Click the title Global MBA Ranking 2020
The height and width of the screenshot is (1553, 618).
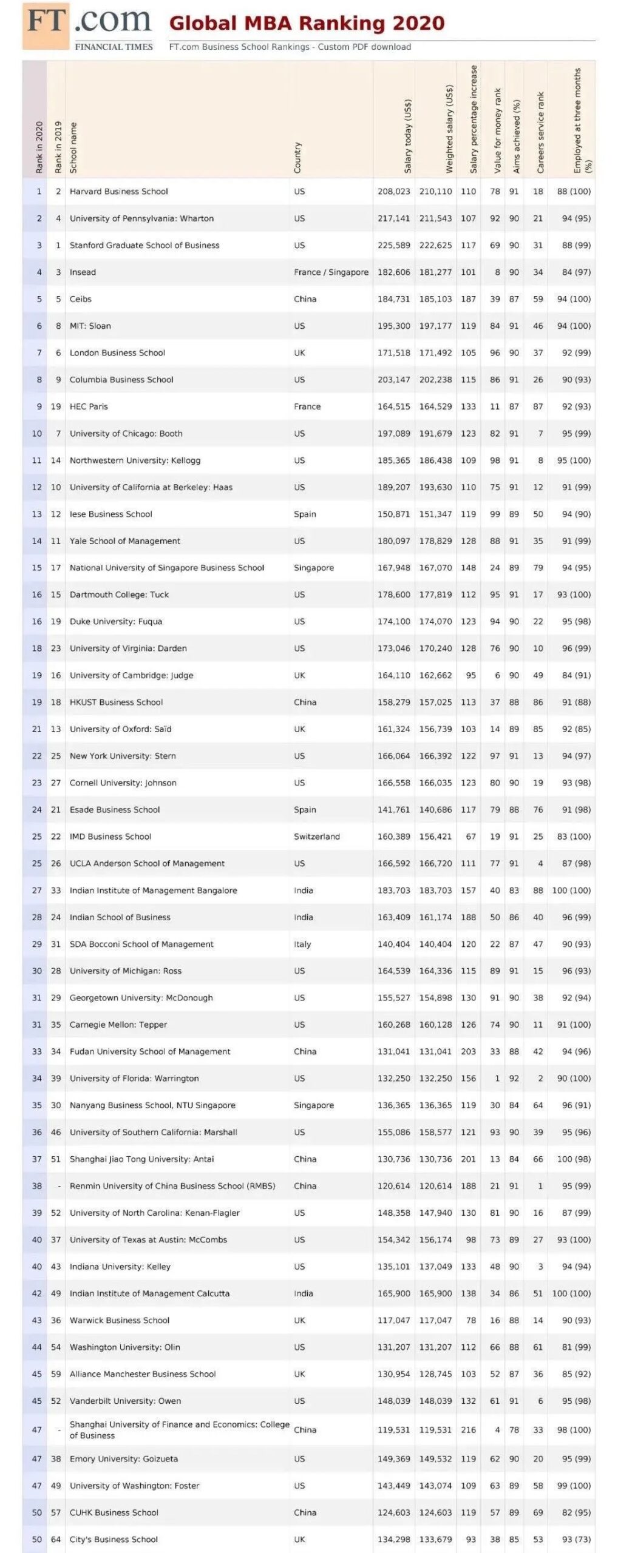pyautogui.click(x=307, y=23)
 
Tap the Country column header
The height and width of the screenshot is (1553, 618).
pyautogui.click(x=297, y=157)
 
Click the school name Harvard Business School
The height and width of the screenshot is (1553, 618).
pyautogui.click(x=118, y=192)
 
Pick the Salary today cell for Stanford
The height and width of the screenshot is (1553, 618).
pyautogui.click(x=393, y=246)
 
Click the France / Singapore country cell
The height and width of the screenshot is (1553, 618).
pyautogui.click(x=331, y=272)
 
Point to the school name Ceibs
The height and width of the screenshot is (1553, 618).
pyautogui.click(x=80, y=299)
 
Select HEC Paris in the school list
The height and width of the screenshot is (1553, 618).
pyautogui.click(x=89, y=406)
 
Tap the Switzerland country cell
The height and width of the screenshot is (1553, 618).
pyautogui.click(x=316, y=837)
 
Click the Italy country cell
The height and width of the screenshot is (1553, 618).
pyautogui.click(x=302, y=944)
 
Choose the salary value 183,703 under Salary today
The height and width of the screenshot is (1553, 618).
pyautogui.click(x=393, y=891)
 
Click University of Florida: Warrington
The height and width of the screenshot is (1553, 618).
pyautogui.click(x=134, y=1078)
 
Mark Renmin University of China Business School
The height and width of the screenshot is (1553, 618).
pyautogui.click(x=172, y=1186)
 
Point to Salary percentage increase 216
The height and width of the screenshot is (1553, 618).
pyautogui.click(x=468, y=1430)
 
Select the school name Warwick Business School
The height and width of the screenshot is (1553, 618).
pyautogui.click(x=119, y=1320)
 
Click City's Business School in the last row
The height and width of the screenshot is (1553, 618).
pyautogui.click(x=114, y=1539)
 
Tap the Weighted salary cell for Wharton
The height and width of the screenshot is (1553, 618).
pyautogui.click(x=435, y=218)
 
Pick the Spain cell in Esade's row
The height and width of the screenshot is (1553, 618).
pyautogui.click(x=305, y=810)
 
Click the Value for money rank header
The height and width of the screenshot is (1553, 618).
pyautogui.click(x=498, y=130)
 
